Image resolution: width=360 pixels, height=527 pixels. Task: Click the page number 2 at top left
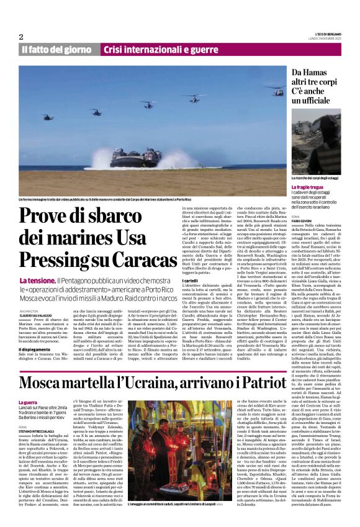coord(21,37)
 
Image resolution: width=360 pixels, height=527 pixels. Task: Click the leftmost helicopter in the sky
coord(47,116)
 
